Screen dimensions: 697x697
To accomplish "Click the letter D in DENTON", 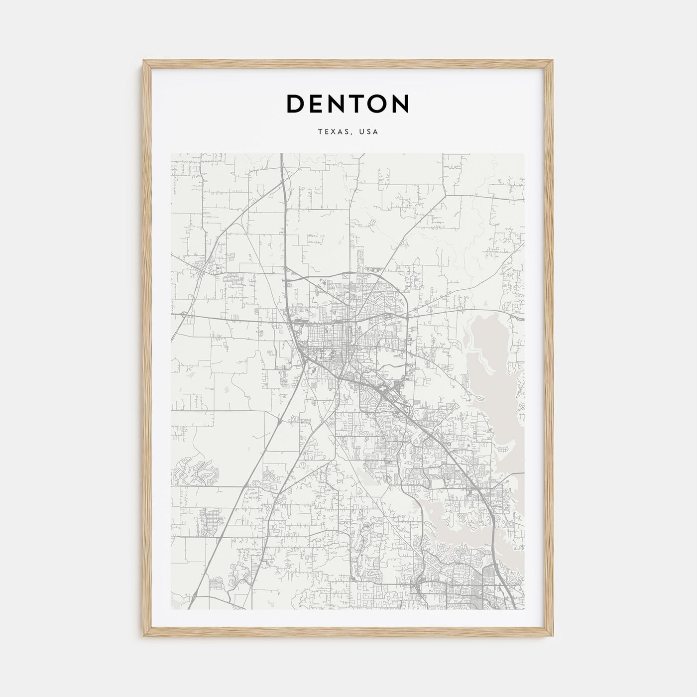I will pyautogui.click(x=296, y=104).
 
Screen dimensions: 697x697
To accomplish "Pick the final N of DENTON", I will pyautogui.click(x=400, y=104).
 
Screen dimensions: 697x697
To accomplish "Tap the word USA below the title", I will pyautogui.click(x=370, y=132).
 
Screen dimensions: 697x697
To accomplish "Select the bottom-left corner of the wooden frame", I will pyautogui.click(x=144, y=638).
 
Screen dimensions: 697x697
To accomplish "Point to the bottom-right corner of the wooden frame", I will pyautogui.click(x=553, y=638).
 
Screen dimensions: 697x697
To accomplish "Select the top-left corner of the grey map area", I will pyautogui.click(x=171, y=153).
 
